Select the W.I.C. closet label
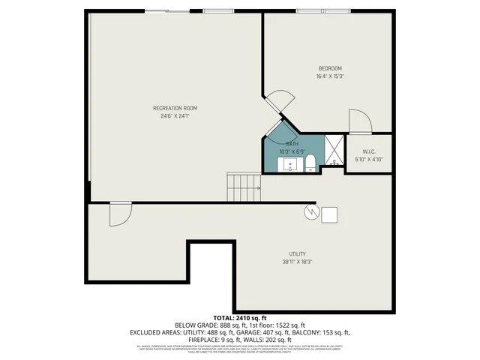[368, 151]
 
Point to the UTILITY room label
[298, 253]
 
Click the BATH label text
[291, 143]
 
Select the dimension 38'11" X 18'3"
[298, 262]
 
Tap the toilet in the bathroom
[310, 163]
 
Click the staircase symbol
[244, 187]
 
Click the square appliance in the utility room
[329, 214]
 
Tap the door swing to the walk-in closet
[358, 121]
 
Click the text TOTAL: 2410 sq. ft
[240, 317]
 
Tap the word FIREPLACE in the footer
[188, 339]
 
